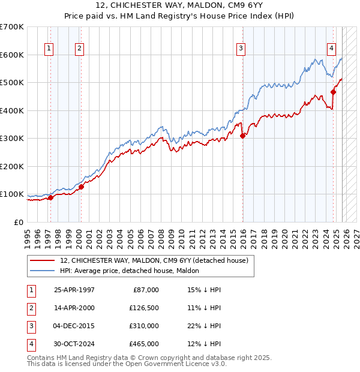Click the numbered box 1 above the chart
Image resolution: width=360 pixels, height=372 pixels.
pos(48,49)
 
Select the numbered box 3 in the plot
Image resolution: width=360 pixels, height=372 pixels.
pos(241,49)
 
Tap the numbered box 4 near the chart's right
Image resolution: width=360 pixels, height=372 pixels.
pos(331,49)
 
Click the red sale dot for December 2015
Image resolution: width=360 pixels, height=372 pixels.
pos(242,136)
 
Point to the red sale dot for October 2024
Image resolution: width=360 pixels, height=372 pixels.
pos(334,92)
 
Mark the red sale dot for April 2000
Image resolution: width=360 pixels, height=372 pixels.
pos(81,187)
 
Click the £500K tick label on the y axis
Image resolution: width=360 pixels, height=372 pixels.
pos(12,83)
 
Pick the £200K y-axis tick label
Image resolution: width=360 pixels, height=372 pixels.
pos(12,166)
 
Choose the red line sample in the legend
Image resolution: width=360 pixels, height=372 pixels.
pos(43,260)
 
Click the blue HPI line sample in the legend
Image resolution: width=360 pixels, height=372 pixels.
pos(43,271)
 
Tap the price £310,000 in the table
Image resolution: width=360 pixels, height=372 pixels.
pos(145,327)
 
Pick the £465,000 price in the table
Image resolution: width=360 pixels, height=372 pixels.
pos(145,344)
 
